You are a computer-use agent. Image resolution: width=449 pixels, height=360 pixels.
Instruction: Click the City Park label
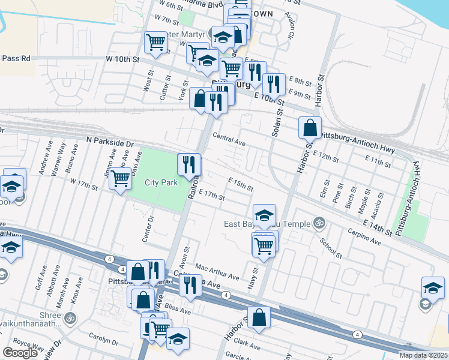pos(161,182)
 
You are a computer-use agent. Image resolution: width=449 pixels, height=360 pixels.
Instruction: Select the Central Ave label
pos(229,139)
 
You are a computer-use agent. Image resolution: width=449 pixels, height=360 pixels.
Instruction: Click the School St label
pos(331,247)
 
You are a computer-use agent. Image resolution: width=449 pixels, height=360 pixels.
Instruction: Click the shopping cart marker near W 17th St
pos(121,178)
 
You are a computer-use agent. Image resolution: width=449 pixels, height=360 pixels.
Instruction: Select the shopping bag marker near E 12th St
pos(310,127)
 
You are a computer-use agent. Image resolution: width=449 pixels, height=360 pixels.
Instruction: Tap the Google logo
pos(20,353)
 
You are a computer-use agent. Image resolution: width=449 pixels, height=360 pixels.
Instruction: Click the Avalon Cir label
pos(290,25)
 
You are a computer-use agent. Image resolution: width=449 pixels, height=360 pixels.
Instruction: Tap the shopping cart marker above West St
pos(155,43)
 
